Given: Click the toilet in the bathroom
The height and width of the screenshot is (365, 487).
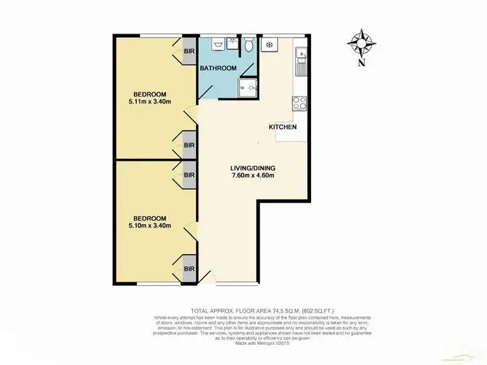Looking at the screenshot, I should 247,45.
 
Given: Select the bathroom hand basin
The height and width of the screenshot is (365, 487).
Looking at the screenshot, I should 231,45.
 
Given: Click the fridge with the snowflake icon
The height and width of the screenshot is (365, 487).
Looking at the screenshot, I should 268,45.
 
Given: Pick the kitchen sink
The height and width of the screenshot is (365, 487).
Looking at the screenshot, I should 300,62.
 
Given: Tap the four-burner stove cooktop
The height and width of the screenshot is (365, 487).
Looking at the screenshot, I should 300,102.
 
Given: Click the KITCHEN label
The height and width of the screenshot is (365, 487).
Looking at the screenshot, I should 283,127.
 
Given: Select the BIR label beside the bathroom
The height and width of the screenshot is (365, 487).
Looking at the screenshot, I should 189,51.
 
